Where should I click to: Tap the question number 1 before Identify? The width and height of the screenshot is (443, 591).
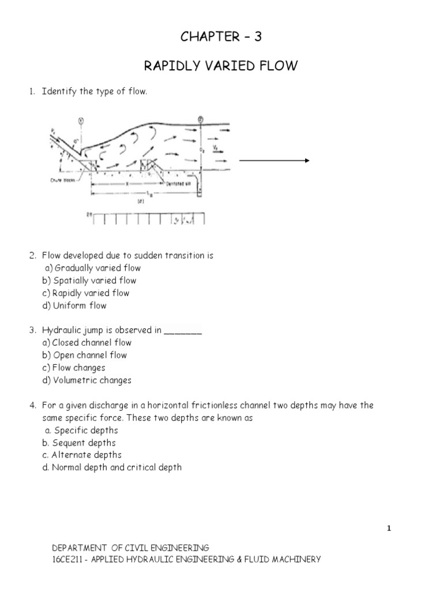coord(33,92)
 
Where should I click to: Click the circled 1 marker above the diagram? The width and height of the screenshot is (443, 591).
coord(81,121)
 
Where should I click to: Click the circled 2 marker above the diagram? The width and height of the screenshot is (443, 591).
coord(200,120)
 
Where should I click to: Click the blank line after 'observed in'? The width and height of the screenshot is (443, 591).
coord(183,331)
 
